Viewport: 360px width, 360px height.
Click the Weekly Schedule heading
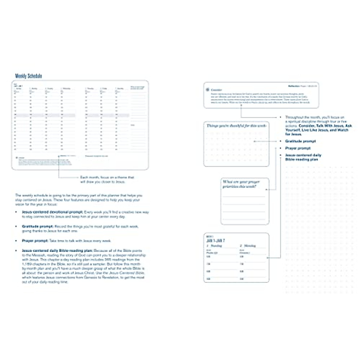click(28, 76)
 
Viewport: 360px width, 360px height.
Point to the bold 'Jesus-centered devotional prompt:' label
click(52, 212)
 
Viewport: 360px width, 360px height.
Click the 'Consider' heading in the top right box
click(216, 90)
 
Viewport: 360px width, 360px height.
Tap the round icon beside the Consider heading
click(208, 90)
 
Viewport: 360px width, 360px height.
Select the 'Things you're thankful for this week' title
click(236, 126)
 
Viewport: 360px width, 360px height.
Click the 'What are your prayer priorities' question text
click(241, 184)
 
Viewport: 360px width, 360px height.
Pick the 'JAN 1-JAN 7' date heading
click(215, 241)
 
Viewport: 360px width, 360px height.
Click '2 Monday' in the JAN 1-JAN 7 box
click(247, 246)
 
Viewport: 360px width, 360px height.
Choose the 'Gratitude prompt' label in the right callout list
click(300, 141)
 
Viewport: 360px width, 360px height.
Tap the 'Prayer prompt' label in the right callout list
click(298, 148)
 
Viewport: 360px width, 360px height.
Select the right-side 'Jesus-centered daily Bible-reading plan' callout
click(303, 157)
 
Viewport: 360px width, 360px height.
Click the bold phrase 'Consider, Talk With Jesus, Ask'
click(325, 126)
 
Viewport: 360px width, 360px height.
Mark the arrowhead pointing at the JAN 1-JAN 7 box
click(268, 257)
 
